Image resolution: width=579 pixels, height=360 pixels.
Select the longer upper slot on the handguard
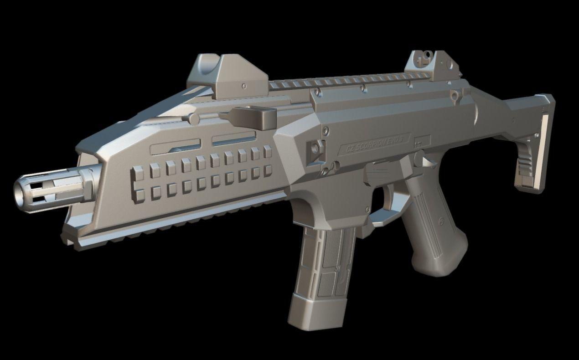176,147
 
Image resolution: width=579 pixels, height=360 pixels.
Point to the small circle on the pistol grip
441,220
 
